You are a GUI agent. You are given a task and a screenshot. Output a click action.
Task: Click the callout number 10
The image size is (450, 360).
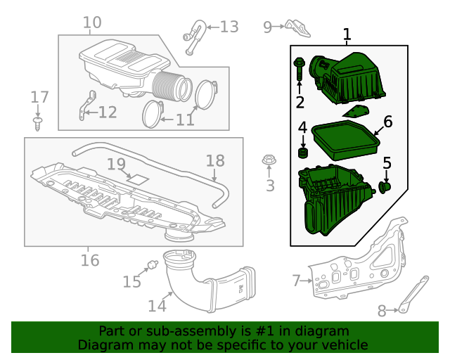tap(92, 23)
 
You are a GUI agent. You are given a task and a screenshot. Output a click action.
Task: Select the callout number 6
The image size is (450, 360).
tap(387, 122)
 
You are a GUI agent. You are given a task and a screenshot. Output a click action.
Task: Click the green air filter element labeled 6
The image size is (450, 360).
tap(345, 141)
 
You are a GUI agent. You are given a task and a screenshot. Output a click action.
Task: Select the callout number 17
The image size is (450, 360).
tap(39, 96)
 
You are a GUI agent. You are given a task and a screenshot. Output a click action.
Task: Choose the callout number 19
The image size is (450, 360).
tap(116, 165)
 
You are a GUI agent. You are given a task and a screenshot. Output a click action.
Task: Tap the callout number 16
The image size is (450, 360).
tap(89, 261)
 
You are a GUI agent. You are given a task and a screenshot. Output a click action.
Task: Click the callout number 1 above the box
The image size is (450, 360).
tap(346, 34)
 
